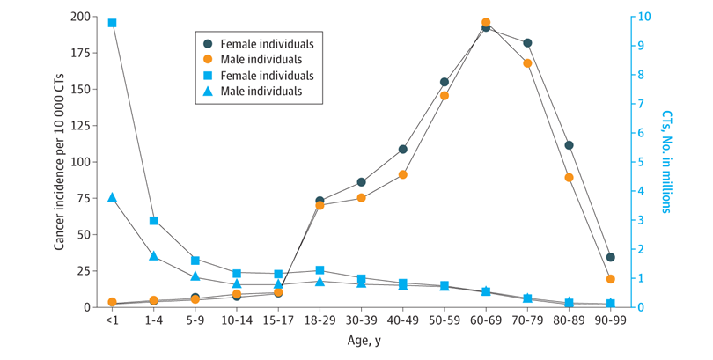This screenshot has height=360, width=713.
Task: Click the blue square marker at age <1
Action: click(112, 23)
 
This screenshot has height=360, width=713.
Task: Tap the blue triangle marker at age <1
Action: click(112, 197)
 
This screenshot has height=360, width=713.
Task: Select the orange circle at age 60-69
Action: click(486, 22)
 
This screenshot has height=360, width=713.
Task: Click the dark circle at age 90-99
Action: click(611, 257)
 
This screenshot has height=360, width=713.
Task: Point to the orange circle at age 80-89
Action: click(569, 177)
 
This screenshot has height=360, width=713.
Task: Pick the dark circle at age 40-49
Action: click(402, 149)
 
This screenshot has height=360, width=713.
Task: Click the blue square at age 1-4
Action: click(153, 221)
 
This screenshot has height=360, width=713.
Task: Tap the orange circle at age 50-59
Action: click(445, 95)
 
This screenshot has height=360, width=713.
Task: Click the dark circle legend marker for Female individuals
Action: click(208, 43)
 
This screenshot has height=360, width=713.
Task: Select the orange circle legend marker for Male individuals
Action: click(208, 59)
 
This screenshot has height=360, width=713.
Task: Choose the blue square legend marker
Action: click(208, 75)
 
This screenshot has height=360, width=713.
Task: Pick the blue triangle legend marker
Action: click(208, 91)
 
